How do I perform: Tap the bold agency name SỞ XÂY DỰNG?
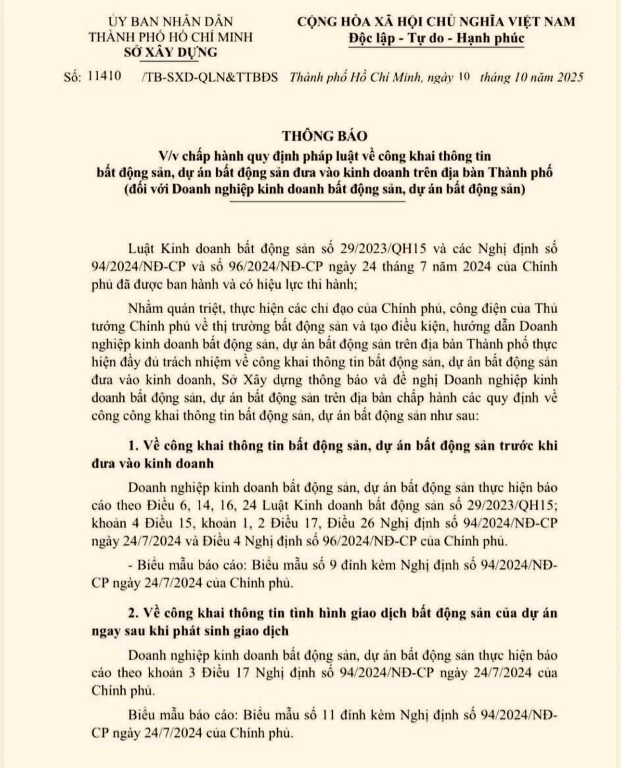pos(170,52)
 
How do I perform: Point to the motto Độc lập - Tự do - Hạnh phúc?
pos(436,38)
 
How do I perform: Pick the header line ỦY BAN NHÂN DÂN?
pos(170,21)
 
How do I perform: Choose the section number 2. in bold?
pos(135,613)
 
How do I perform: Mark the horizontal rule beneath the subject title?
pos(318,202)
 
